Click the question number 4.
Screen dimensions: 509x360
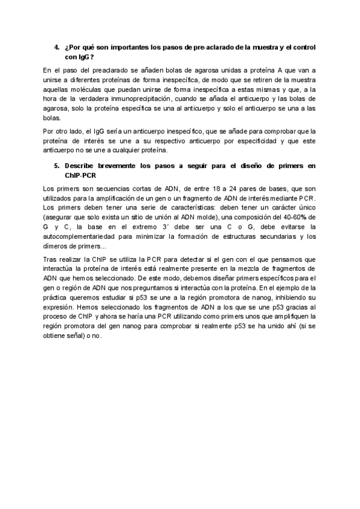pyautogui.click(x=56, y=47)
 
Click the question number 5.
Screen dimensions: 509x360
pyautogui.click(x=56, y=165)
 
